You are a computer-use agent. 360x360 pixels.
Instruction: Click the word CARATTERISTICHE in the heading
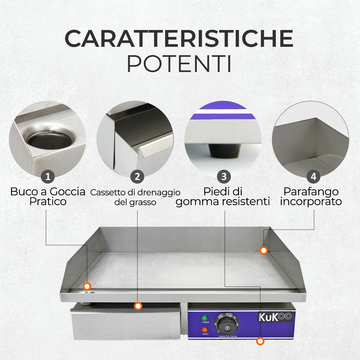tap(179, 39)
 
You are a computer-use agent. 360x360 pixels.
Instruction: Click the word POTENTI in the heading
tap(179, 63)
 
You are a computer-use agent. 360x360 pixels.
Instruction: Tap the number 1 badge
tap(48, 177)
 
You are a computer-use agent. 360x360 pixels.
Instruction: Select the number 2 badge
tap(137, 177)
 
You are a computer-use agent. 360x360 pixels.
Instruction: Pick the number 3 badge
tap(224, 177)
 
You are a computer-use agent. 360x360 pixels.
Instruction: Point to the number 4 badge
tap(313, 177)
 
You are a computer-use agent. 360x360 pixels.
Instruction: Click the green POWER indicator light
tap(204, 318)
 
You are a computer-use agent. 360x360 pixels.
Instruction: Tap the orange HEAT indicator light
tap(205, 329)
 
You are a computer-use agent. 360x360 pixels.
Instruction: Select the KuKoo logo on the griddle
tap(275, 317)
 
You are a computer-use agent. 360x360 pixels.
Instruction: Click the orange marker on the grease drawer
tap(138, 306)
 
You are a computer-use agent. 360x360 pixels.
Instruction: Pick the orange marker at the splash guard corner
tap(264, 251)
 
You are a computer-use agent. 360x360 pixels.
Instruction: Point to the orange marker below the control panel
tap(260, 341)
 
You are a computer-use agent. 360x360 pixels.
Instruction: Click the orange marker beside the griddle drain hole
tap(87, 286)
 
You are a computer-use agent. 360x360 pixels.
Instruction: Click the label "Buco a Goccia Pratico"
tap(48, 197)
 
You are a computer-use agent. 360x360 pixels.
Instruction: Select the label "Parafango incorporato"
tap(311, 197)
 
